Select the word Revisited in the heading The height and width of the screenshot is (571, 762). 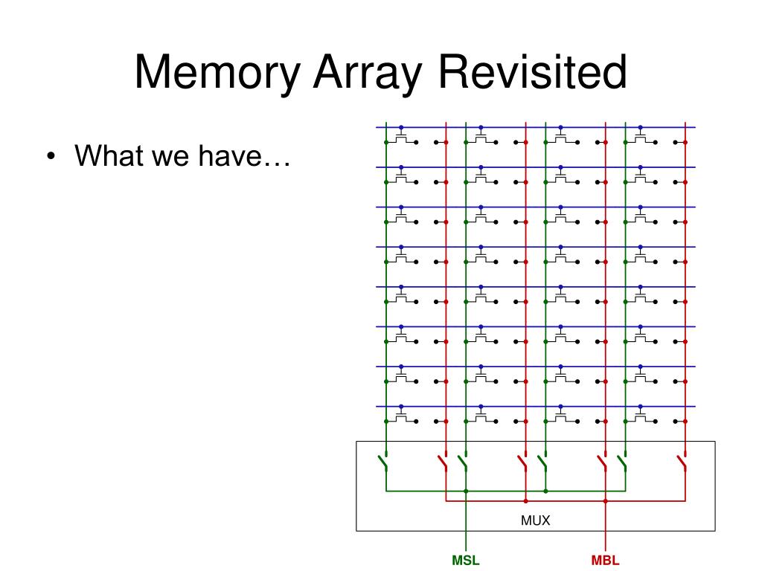pos(532,74)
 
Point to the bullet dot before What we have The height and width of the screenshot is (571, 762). pos(51,157)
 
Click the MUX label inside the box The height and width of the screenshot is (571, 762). pos(535,520)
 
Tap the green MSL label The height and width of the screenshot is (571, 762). pos(466,561)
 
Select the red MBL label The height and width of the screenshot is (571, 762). pos(605,561)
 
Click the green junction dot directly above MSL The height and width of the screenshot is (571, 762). pos(466,491)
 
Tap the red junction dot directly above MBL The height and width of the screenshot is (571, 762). pos(605,500)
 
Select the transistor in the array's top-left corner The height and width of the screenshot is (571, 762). pos(402,138)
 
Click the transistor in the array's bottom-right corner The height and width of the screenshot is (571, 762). pos(641,417)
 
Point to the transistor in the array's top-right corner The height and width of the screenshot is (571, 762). pos(641,138)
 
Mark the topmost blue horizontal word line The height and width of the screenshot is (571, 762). pos(521,127)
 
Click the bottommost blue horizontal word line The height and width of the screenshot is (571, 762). pos(521,406)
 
